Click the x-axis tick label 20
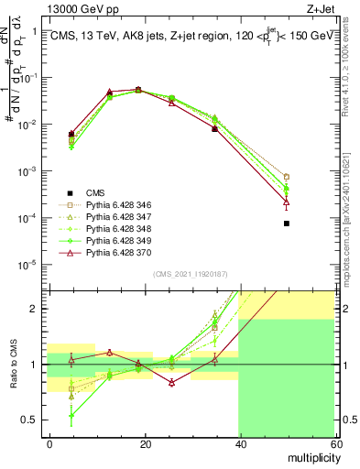145,442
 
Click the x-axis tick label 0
50,442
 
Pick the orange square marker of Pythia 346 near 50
287,177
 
